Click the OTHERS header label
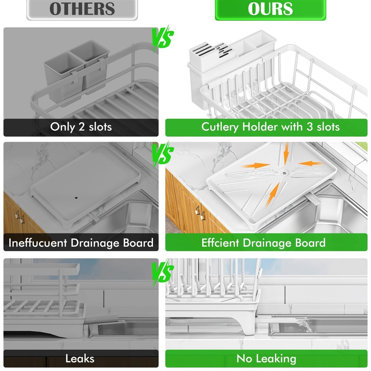82,9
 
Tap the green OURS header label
270,9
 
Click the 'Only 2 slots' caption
81,127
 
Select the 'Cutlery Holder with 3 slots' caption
270,127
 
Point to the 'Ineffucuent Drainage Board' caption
81,243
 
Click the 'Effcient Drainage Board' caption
263,243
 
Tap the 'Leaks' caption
80,359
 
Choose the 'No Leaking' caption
266,359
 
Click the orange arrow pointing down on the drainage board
286,154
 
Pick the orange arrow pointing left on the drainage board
309,163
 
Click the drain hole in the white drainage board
284,172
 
